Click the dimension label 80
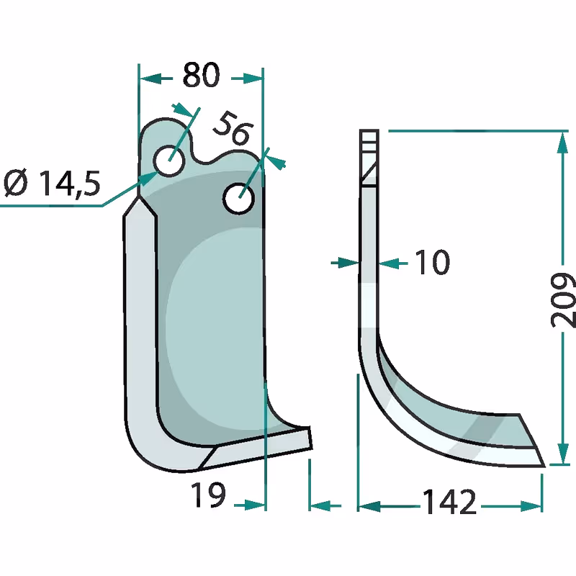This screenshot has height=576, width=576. click(x=201, y=76)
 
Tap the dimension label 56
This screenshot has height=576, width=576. click(x=233, y=127)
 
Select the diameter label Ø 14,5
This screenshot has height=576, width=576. click(x=52, y=183)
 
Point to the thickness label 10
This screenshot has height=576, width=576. click(x=432, y=262)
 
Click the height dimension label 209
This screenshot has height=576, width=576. click(x=563, y=300)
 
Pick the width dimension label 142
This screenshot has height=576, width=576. click(x=449, y=502)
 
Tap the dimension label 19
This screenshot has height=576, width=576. click(x=208, y=495)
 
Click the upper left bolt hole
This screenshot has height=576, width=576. click(x=169, y=161)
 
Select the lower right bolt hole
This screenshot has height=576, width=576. click(x=239, y=199)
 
